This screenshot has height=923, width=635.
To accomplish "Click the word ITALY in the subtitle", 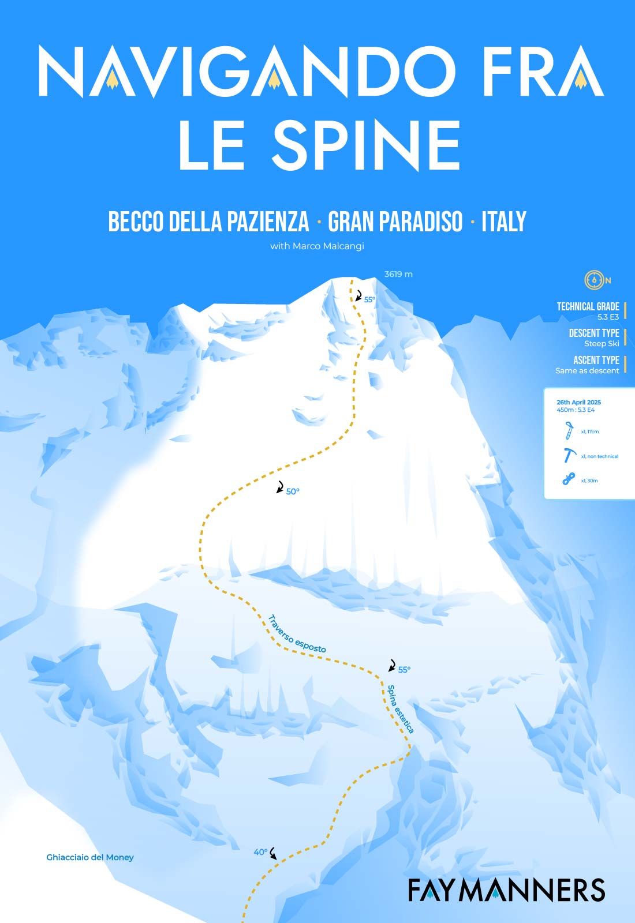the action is coord(504,222).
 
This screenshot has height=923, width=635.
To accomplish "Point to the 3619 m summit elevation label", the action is coord(398,275).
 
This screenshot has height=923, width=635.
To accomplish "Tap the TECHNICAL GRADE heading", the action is coord(588,306).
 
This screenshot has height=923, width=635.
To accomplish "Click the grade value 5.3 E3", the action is coord(608,317).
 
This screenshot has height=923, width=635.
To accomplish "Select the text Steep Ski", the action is coord(602,343).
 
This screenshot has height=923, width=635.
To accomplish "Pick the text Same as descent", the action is coord(587,370).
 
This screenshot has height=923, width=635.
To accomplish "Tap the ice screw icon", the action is coord(569,431).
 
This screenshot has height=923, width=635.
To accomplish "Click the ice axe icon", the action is coord(569,455).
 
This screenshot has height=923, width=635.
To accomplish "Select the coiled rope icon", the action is coord(569,479).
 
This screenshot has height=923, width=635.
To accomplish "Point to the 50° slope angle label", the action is coord(293,491).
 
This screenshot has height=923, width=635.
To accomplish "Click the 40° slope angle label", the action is coord(260,851).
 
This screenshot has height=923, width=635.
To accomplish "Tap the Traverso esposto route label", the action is coord(297,634).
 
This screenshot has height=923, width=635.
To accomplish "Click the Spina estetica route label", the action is coord(401,709).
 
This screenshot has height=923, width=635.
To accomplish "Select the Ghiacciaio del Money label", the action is coord(90,857).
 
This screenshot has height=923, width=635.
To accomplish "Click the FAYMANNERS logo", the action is coord(506,890).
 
